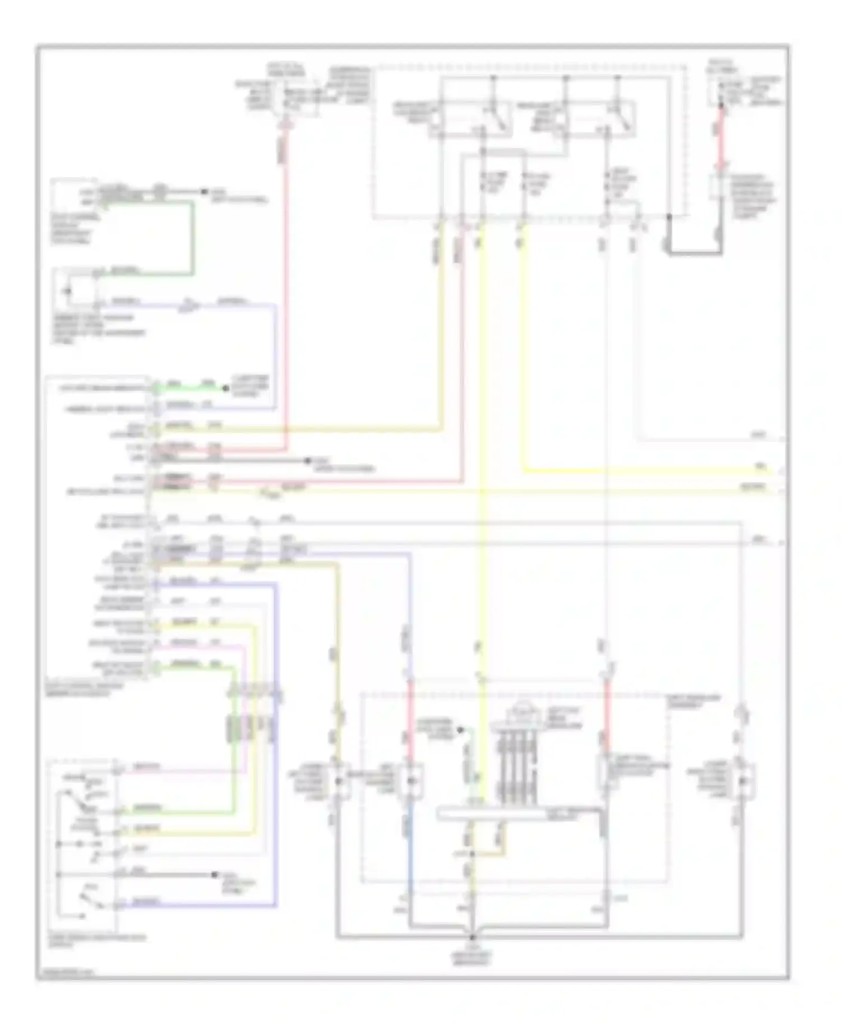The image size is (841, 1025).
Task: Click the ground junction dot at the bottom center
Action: coord(473,936)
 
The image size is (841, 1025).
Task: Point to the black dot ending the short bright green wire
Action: coord(225,388)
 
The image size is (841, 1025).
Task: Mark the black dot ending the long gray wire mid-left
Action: coord(307,460)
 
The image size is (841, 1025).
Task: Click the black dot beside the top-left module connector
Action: coord(204,192)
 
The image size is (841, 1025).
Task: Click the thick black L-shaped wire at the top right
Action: coord(694,252)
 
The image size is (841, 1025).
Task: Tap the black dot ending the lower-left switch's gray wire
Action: coord(214,875)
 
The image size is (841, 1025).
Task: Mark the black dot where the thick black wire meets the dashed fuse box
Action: coord(669,216)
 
